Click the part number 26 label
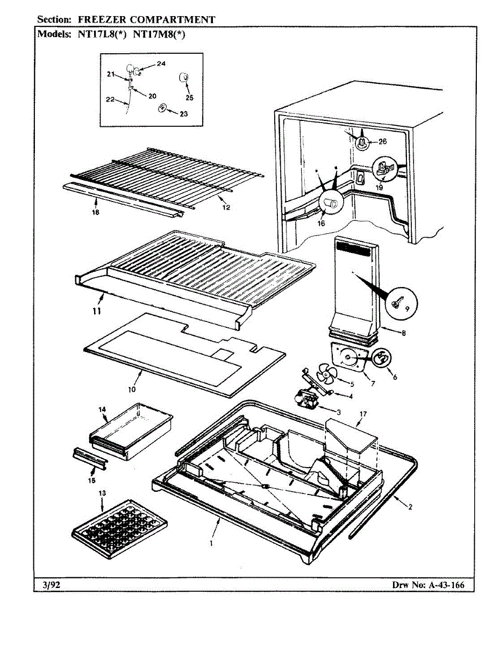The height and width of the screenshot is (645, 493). point(382,142)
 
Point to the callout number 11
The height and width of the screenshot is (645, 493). point(97,311)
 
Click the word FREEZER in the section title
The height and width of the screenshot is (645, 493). point(102,20)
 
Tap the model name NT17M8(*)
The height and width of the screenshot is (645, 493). point(159,35)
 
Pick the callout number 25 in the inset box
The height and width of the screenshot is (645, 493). point(189,98)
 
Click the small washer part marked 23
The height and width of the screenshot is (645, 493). point(162,108)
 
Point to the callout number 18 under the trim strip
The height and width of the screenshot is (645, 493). point(96,212)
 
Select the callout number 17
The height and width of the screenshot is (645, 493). point(363,414)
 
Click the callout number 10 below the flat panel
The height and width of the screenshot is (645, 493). point(132,390)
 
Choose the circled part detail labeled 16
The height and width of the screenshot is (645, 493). point(331,202)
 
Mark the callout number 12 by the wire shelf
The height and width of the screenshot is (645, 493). point(226,207)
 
